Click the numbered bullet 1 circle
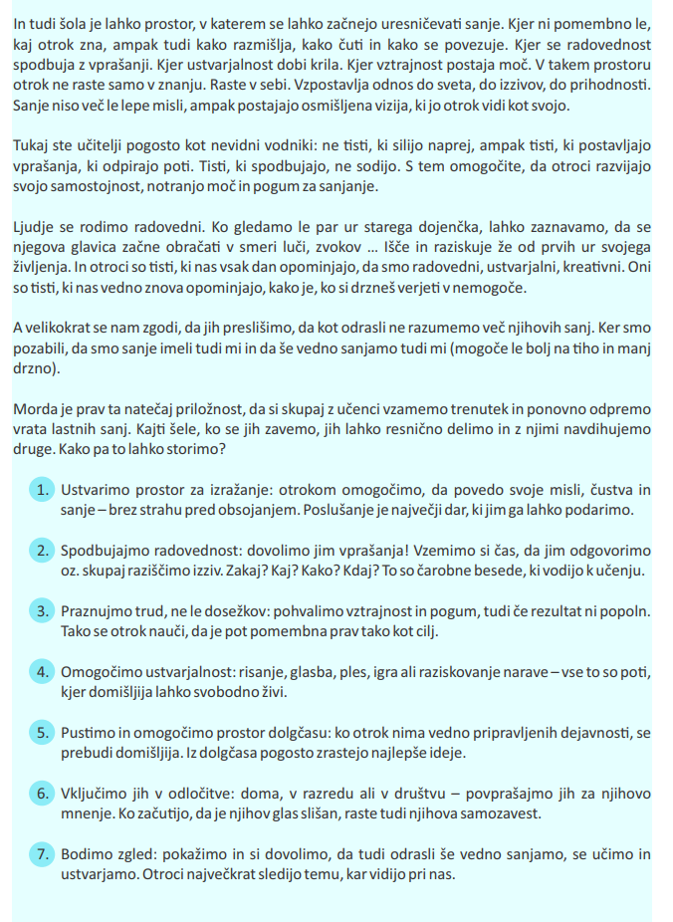pyautogui.click(x=41, y=491)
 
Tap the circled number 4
pyautogui.click(x=41, y=672)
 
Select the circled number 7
pyautogui.click(x=41, y=854)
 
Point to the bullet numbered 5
pyautogui.click(x=41, y=733)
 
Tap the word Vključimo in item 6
pyautogui.click(x=98, y=794)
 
